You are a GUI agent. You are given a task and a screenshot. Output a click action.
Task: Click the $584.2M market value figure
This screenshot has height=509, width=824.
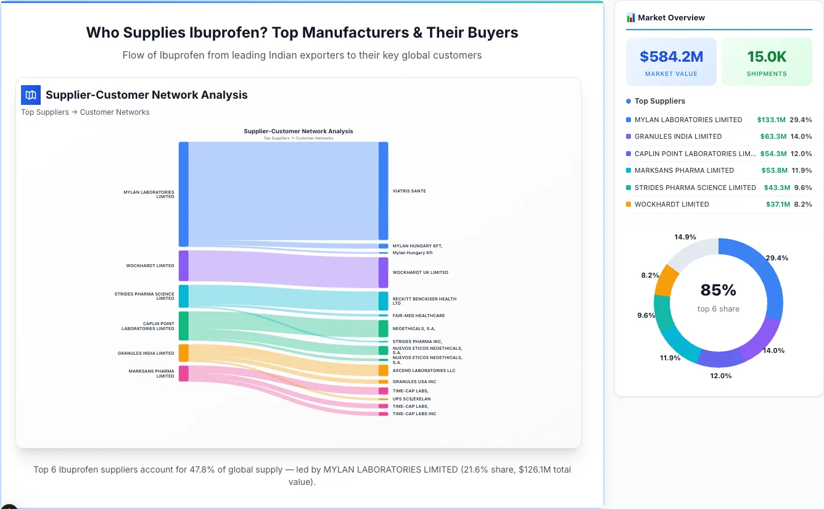point(671,57)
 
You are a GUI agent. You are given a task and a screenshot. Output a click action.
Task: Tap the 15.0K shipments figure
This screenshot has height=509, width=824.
point(767,57)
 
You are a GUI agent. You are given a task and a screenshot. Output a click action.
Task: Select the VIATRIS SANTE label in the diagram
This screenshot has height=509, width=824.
point(409,191)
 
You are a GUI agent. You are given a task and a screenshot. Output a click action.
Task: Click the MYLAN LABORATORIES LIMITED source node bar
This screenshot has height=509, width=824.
point(183,194)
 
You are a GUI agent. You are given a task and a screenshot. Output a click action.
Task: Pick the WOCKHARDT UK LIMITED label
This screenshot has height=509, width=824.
point(420,272)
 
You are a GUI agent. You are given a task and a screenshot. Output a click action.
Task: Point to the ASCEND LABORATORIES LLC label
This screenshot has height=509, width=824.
point(424,371)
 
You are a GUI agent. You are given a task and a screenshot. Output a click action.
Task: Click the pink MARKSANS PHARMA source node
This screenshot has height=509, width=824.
point(183,373)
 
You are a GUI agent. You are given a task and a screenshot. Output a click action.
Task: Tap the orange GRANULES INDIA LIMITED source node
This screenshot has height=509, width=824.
point(183,353)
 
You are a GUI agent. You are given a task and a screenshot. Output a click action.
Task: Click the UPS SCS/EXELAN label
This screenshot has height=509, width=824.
point(411,399)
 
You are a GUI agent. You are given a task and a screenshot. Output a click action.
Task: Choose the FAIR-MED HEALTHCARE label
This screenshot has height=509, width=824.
point(418,316)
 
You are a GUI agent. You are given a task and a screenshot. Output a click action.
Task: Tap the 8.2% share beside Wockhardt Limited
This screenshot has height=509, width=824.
point(802,204)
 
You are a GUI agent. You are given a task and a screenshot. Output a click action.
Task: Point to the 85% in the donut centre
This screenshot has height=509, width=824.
point(718,290)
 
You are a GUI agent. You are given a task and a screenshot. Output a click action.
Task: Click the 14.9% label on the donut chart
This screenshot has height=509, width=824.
point(685,237)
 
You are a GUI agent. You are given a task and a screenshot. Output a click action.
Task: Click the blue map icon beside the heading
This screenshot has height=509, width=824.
point(31,95)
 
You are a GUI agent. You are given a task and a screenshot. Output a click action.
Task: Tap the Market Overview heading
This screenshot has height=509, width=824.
point(671,18)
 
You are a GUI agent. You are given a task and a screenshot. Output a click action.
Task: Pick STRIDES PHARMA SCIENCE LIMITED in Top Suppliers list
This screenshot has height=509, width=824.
point(694,188)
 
